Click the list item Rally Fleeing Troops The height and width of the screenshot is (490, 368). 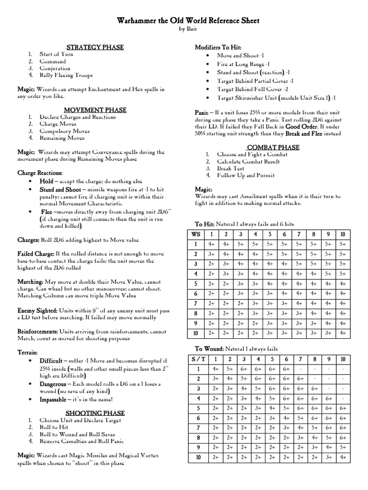(66, 75)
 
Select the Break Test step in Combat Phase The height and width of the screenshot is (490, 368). (230, 168)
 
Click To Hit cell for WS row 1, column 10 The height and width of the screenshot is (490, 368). (342, 244)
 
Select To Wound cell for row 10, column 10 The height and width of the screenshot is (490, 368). (342, 458)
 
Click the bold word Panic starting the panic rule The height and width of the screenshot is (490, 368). (202, 112)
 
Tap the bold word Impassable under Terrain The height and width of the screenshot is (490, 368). (53, 399)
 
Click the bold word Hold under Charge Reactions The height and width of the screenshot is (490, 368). (46, 182)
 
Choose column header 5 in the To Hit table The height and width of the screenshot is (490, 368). (270, 234)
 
